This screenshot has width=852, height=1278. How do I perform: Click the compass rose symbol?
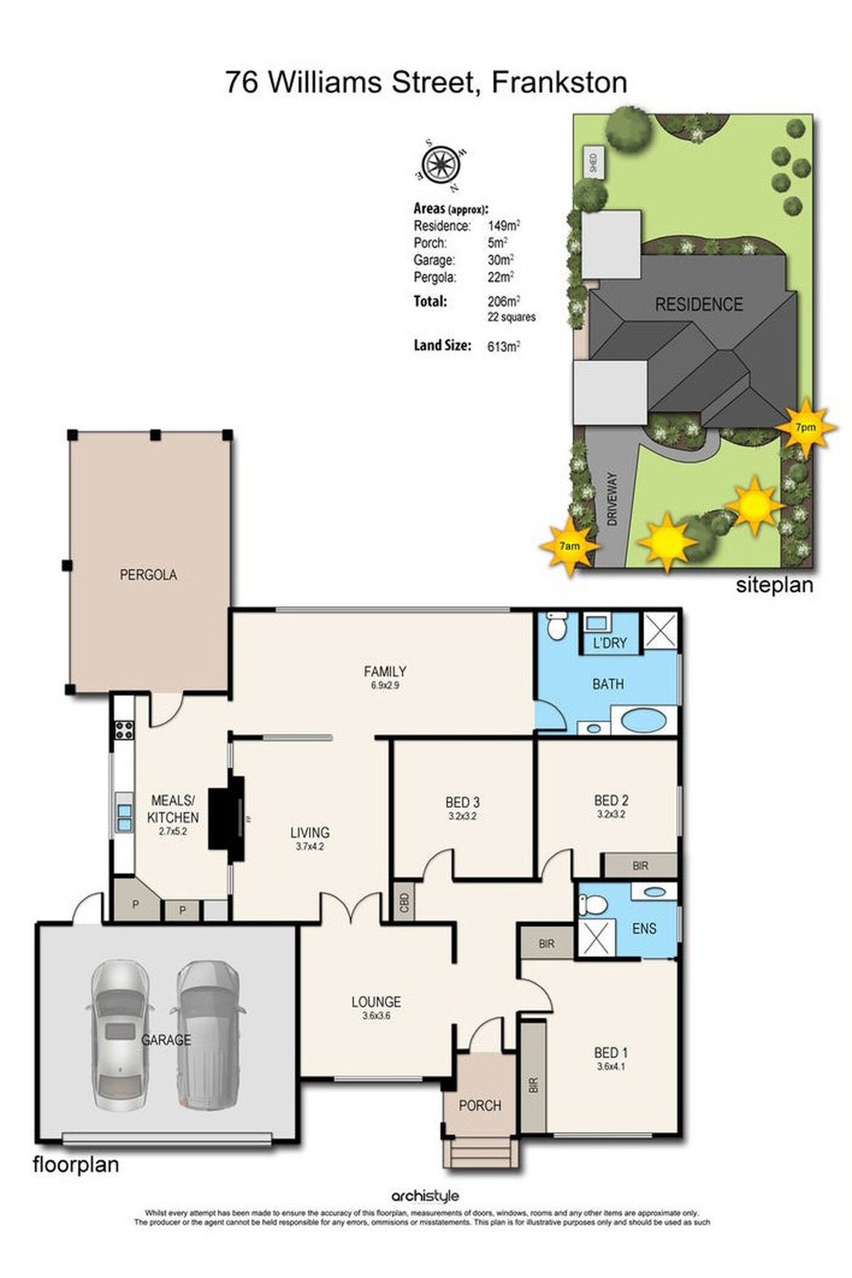441,164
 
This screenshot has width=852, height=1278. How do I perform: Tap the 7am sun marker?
570,546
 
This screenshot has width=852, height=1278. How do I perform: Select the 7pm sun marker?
806,427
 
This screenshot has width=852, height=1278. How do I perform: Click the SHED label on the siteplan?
593,163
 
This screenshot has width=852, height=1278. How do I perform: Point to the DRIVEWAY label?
612,499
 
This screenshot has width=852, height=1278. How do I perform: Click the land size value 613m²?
504,346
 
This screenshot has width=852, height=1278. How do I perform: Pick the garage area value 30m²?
500,260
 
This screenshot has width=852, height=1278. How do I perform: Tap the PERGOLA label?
148,574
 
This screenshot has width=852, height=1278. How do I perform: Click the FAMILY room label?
385,671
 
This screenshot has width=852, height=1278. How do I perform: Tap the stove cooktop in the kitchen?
124,729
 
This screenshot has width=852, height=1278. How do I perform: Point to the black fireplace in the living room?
226,819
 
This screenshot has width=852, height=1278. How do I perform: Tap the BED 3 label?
463,802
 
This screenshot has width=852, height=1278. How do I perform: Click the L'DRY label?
610,643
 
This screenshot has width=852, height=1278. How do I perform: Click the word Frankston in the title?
559,82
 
